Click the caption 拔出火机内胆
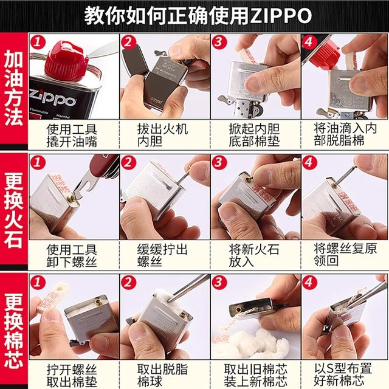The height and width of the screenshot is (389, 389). click(164, 135)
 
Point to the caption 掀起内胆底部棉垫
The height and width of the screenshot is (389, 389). click(254, 135)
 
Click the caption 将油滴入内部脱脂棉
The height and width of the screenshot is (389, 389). click(345, 135)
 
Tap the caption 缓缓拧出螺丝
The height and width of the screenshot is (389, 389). click(164, 255)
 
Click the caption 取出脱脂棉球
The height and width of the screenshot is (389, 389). click(164, 375)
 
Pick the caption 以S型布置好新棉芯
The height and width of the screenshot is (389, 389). click(345, 375)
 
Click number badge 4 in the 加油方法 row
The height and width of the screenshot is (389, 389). click(309, 42)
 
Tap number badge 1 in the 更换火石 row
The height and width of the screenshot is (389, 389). click(38, 162)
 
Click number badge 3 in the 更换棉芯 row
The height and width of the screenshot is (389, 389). click(219, 283)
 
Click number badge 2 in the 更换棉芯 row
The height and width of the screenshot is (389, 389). click(128, 283)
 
